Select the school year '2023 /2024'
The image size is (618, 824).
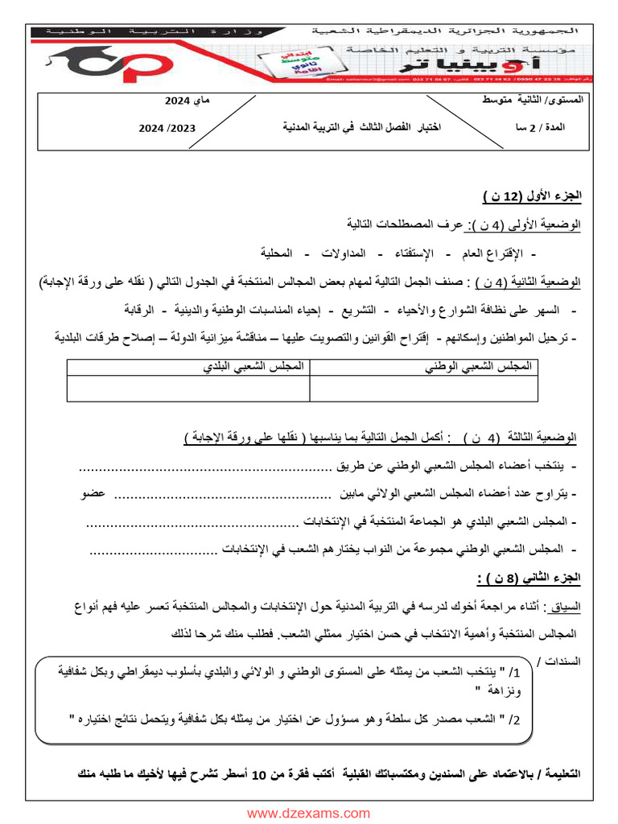point(167,128)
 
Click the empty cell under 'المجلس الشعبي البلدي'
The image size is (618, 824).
point(188,388)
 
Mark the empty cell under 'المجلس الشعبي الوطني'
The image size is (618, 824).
point(423,388)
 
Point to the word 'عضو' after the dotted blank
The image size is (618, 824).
point(93,493)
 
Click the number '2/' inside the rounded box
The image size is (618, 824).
point(516,718)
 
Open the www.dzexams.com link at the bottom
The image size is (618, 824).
point(309,814)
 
